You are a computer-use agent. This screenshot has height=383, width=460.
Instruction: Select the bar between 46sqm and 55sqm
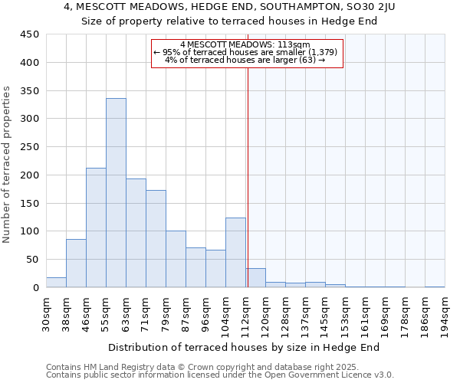coord(96,228)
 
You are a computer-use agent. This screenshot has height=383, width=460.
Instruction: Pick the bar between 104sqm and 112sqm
coord(235,253)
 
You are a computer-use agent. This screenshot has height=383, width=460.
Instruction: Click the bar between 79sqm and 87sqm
coord(176,259)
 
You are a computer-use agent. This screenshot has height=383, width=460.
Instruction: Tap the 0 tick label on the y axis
coord(35,288)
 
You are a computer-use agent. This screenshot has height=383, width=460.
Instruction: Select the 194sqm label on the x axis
coord(445,313)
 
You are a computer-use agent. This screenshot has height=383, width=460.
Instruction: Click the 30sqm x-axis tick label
coord(46,313)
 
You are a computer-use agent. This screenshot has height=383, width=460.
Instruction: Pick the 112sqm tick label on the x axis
coord(245,313)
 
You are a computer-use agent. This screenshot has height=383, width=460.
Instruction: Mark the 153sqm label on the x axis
coord(345,313)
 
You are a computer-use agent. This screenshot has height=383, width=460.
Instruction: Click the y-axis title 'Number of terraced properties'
coord(8,165)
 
